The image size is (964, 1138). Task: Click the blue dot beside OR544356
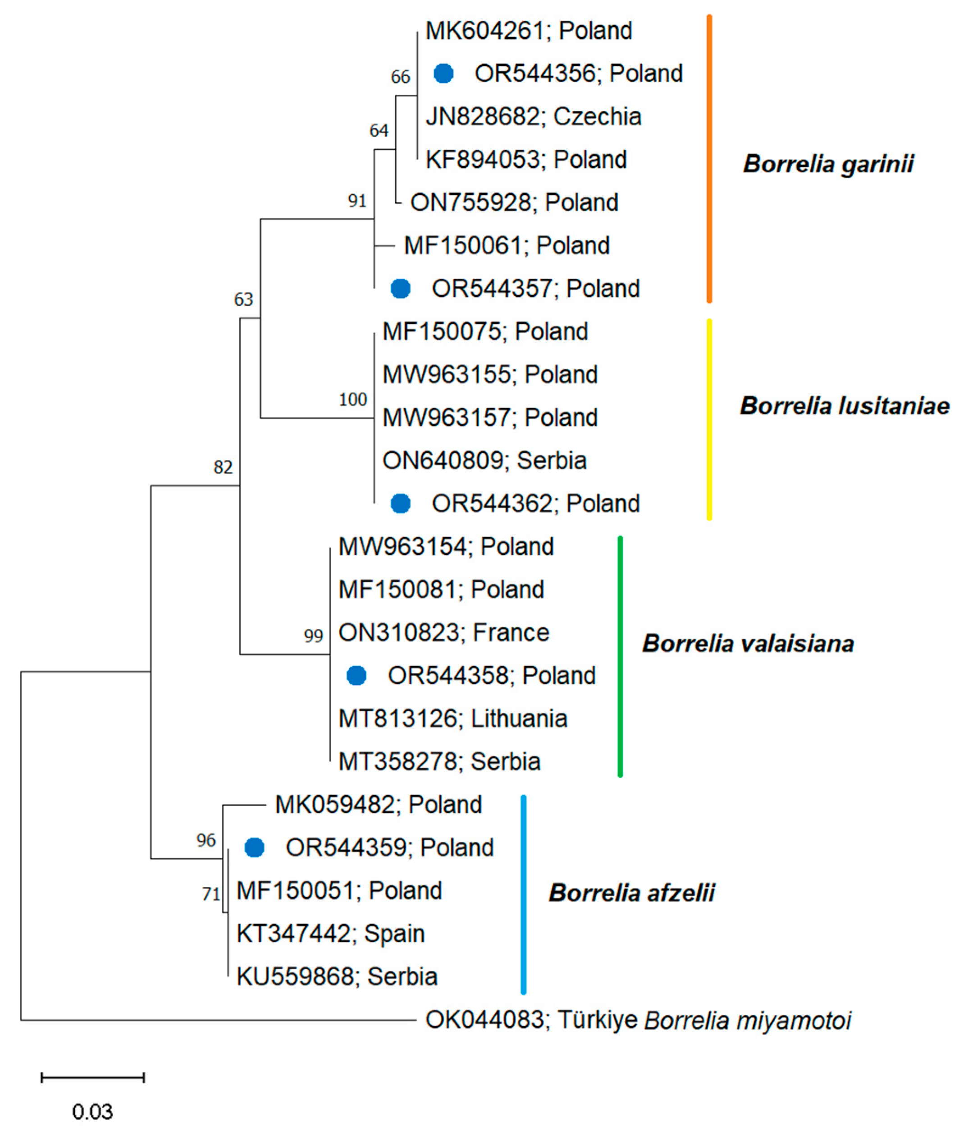[x=443, y=73]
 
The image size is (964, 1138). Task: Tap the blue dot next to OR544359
[x=254, y=847]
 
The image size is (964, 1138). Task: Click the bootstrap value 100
[x=352, y=400]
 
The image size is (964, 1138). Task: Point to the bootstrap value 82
[x=223, y=467]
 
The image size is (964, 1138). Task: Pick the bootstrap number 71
[x=211, y=894]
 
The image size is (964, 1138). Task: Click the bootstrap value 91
[x=357, y=201]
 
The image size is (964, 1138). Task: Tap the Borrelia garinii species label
[x=827, y=164]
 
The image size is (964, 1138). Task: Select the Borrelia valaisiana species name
[x=748, y=644]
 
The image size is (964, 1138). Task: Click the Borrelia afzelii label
[x=632, y=893]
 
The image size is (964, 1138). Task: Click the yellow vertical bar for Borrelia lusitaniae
[x=709, y=419]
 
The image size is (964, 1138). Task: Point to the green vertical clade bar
[x=620, y=656]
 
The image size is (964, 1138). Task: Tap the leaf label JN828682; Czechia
[x=533, y=116]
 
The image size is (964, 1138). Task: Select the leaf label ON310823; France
[x=444, y=633]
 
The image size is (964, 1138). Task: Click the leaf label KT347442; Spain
[x=330, y=934]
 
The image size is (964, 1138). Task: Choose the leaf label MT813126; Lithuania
[x=452, y=719]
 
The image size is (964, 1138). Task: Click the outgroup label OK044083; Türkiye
[x=531, y=1020]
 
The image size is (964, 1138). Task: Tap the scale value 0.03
[x=92, y=1111]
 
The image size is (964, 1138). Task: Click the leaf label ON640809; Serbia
[x=484, y=461]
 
